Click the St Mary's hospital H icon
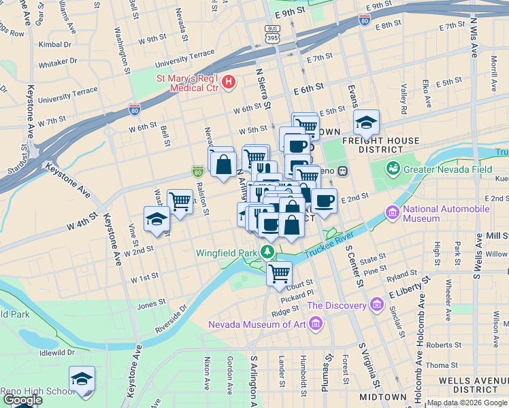229,83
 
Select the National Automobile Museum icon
393,214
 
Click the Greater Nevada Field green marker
393,168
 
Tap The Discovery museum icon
375,305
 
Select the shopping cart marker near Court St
279,273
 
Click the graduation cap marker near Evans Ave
366,123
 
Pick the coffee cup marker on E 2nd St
324,201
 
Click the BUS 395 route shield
272,34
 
